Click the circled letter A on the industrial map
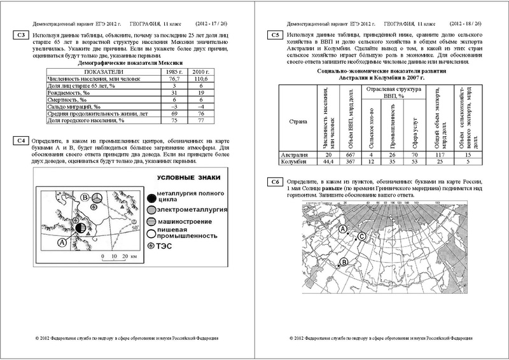point(62,242)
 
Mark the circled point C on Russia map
point(361,237)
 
